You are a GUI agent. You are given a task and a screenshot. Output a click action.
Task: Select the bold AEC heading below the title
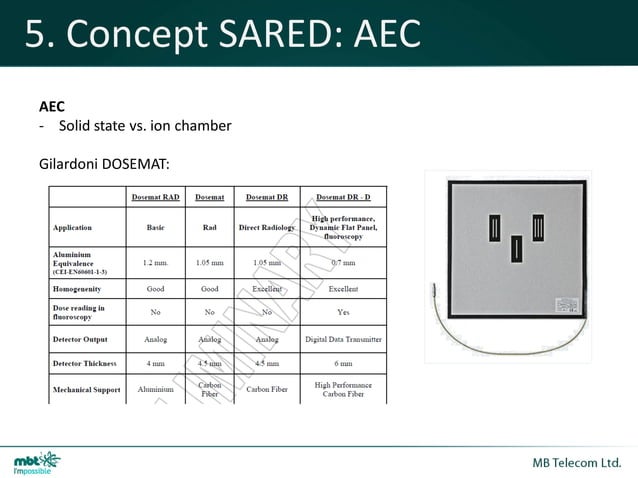point(52,105)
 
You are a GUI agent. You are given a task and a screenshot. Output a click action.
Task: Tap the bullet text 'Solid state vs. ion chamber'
point(145,126)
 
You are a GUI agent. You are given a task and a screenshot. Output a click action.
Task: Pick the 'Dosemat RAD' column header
point(155,198)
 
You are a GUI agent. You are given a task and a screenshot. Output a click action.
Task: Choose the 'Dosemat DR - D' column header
point(343,198)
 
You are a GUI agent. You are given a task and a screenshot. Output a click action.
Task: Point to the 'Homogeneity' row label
point(80,288)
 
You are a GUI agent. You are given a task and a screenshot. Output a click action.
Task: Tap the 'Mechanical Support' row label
point(86,389)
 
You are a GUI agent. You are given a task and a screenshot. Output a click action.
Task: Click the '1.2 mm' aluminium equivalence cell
point(155,263)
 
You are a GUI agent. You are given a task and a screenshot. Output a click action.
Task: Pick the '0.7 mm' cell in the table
point(343,263)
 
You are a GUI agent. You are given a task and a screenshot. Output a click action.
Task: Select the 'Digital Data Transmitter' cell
point(343,338)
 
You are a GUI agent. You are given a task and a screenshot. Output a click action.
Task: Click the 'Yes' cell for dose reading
point(343,313)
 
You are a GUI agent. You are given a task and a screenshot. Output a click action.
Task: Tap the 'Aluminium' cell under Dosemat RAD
point(155,389)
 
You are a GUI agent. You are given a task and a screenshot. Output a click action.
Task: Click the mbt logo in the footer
point(37,463)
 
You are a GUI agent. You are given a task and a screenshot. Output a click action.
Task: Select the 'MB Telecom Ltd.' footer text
point(578,463)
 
